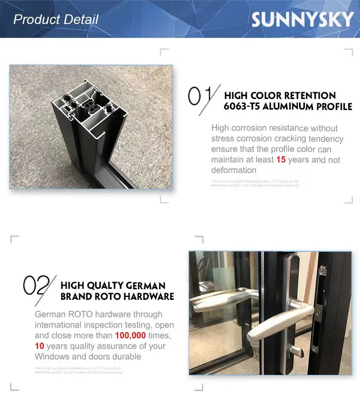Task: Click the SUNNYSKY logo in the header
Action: [x=302, y=20]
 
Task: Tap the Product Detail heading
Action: [x=56, y=20]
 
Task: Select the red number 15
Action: [x=281, y=160]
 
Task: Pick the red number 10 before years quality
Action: [x=39, y=346]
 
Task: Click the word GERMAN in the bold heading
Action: [x=146, y=285]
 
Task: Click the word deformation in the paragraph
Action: [x=234, y=170]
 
